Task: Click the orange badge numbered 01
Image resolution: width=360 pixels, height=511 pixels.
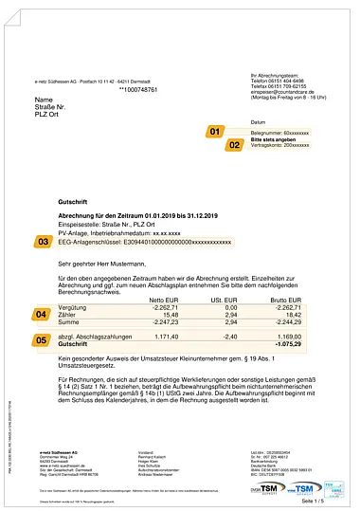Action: (214, 132)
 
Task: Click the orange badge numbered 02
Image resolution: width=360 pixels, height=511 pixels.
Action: (234, 146)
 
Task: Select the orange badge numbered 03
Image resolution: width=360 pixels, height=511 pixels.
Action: (44, 243)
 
